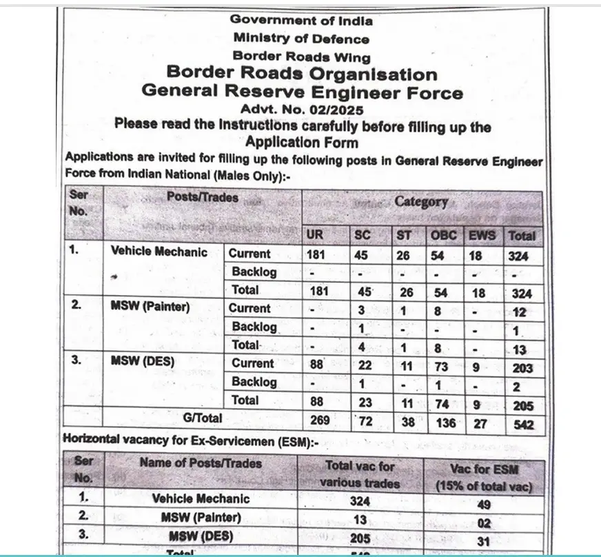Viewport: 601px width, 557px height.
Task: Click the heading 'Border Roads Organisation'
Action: pyautogui.click(x=302, y=73)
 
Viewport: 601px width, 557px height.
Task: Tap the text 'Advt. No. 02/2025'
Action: pyautogui.click(x=302, y=109)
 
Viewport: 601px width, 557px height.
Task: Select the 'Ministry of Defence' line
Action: pyautogui.click(x=301, y=39)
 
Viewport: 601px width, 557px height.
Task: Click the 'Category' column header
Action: pyautogui.click(x=420, y=201)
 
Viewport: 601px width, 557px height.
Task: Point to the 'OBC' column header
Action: pyautogui.click(x=443, y=235)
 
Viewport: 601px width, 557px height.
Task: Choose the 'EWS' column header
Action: pyautogui.click(x=481, y=235)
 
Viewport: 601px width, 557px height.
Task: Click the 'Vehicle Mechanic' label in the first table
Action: pyautogui.click(x=159, y=252)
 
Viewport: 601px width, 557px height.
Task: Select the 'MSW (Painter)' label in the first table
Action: pyautogui.click(x=150, y=307)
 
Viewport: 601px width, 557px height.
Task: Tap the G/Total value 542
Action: pyautogui.click(x=523, y=425)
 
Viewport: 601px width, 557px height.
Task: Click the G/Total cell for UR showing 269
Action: pyautogui.click(x=320, y=420)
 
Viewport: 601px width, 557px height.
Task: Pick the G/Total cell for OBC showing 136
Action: pyautogui.click(x=445, y=423)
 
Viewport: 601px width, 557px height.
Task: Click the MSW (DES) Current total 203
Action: pyautogui.click(x=522, y=367)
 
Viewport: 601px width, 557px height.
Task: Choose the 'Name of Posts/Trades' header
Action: pyautogui.click(x=201, y=463)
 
